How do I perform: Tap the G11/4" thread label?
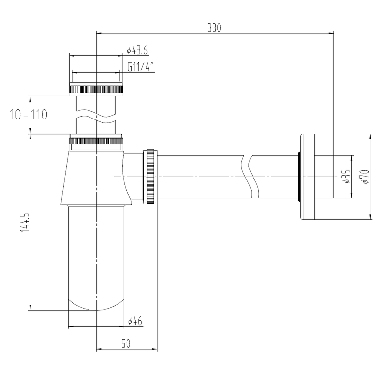141,67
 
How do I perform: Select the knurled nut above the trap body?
96,141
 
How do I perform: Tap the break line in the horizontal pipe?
250,177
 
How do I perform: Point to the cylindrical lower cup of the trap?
96,252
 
